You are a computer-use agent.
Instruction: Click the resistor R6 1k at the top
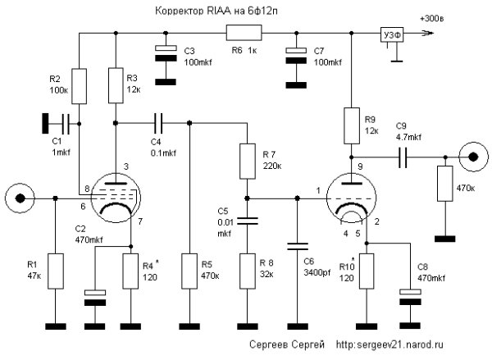pos(244,34)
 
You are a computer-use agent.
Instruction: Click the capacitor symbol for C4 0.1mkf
pos(157,123)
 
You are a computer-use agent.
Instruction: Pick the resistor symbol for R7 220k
pos(246,162)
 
